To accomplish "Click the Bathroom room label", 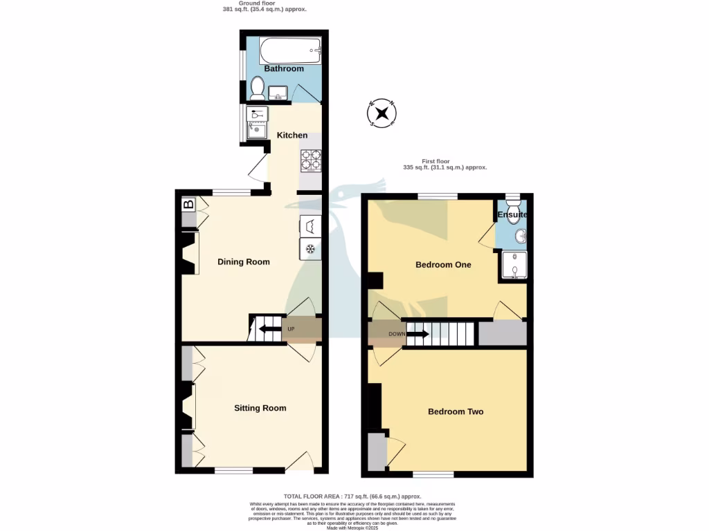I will (x=284, y=68).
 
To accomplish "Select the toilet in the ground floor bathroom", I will (x=257, y=88).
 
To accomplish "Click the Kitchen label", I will (x=292, y=135).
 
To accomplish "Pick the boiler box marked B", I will (x=188, y=205).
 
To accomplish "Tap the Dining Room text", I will (x=244, y=261).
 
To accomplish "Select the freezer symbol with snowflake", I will (x=311, y=249).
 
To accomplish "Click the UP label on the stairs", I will (x=291, y=329).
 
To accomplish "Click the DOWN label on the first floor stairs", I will (x=397, y=334).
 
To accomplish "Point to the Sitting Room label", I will (x=260, y=408).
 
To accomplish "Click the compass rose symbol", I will (x=382, y=113).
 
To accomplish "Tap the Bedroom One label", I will (x=443, y=264).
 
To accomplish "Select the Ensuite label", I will (x=512, y=215).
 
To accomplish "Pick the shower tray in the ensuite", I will (x=513, y=265).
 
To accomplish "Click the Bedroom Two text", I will (x=456, y=411).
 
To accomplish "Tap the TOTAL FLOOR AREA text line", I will (x=352, y=496).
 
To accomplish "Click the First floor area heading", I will (x=445, y=165).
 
